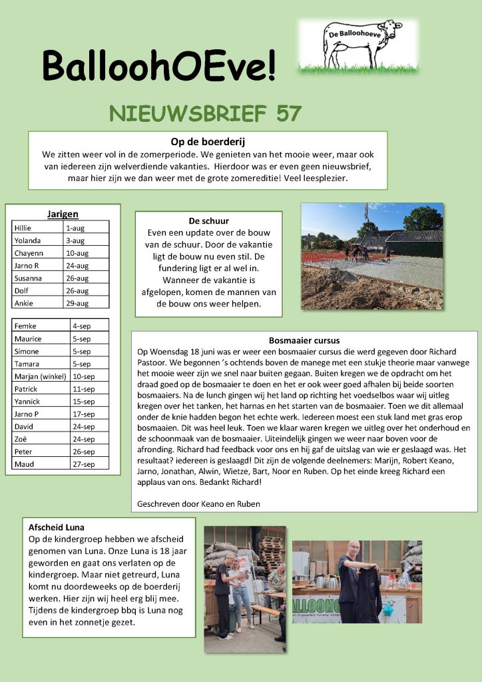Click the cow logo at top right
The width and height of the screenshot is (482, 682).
(x=358, y=45)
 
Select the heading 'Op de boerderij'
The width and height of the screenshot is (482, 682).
(x=208, y=141)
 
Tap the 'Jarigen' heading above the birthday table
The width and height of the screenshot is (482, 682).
(x=63, y=214)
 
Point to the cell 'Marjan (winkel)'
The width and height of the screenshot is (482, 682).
(x=41, y=376)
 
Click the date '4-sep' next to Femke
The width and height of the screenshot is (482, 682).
(x=89, y=326)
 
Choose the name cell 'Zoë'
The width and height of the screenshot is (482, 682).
(x=41, y=439)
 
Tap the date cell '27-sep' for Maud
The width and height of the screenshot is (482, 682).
(x=89, y=464)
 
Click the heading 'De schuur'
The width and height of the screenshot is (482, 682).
(x=208, y=220)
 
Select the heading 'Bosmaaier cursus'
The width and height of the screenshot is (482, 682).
(x=304, y=340)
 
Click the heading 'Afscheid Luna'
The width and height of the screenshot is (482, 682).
(x=57, y=527)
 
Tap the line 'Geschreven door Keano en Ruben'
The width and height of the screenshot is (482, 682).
(x=198, y=504)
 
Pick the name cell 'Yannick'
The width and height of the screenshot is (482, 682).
(x=41, y=402)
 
